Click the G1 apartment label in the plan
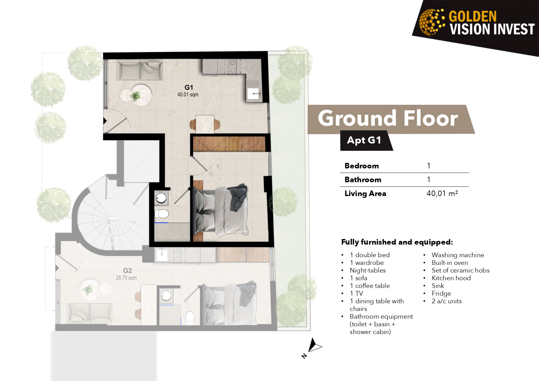click(x=189, y=87)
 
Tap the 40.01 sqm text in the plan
click(x=188, y=95)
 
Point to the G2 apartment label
click(x=127, y=271)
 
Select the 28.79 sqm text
click(x=126, y=278)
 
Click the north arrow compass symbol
click(x=314, y=345)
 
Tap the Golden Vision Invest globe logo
click(x=432, y=22)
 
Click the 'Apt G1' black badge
click(x=365, y=140)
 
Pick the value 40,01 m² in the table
click(x=442, y=193)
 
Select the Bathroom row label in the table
click(x=363, y=180)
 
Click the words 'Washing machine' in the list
click(x=458, y=255)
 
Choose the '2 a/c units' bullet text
click(x=447, y=301)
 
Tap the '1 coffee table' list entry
click(x=370, y=286)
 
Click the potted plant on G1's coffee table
click(x=135, y=96)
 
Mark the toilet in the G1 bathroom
click(x=162, y=214)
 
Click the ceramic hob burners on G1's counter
click(x=232, y=66)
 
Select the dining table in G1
click(x=205, y=124)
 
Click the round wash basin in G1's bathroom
click(x=161, y=198)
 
